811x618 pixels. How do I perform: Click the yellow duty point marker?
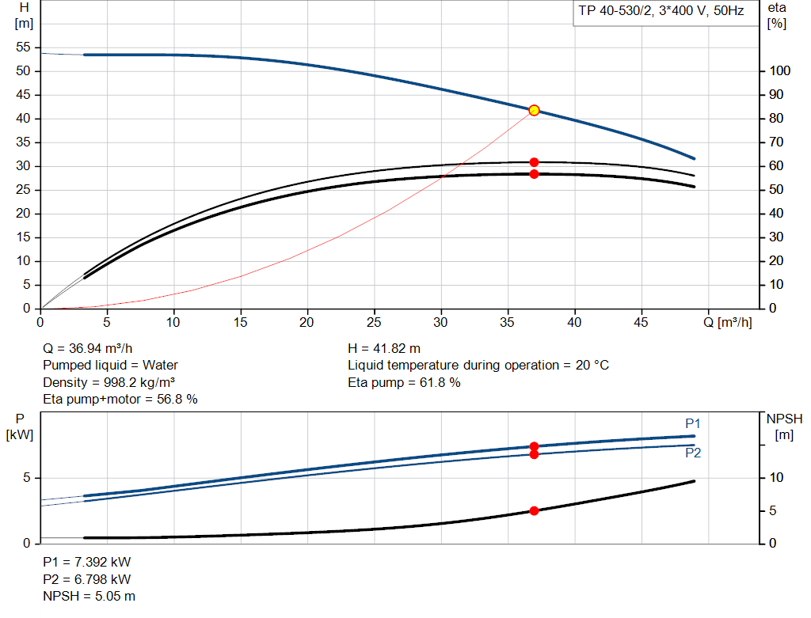534,110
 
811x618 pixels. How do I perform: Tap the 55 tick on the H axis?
23,47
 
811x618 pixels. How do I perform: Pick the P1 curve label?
693,423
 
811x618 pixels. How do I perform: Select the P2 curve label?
693,453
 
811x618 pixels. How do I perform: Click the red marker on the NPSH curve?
534,511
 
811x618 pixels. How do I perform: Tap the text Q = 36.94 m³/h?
87,348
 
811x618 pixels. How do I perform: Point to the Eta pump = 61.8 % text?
404,382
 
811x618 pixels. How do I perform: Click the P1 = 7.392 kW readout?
86,562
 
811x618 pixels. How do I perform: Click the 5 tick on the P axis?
26,478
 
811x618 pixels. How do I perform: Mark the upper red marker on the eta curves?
534,162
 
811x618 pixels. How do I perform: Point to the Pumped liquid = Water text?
110,365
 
